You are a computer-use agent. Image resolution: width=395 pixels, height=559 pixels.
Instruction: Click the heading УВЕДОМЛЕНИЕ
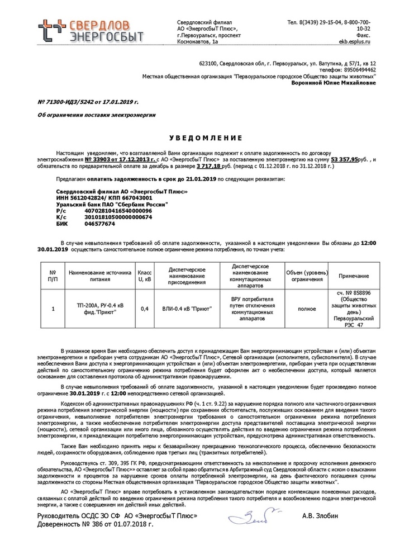(197, 138)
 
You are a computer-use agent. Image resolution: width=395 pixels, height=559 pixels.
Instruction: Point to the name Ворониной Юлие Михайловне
(334, 83)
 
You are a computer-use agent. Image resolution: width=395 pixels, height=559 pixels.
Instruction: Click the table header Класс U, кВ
(145, 276)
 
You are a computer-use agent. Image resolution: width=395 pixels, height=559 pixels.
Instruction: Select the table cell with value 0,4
(145, 308)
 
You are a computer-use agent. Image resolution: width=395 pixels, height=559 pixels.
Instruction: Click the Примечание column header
(353, 276)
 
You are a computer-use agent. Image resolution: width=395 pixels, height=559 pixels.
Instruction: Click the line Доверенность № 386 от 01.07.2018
(95, 525)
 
